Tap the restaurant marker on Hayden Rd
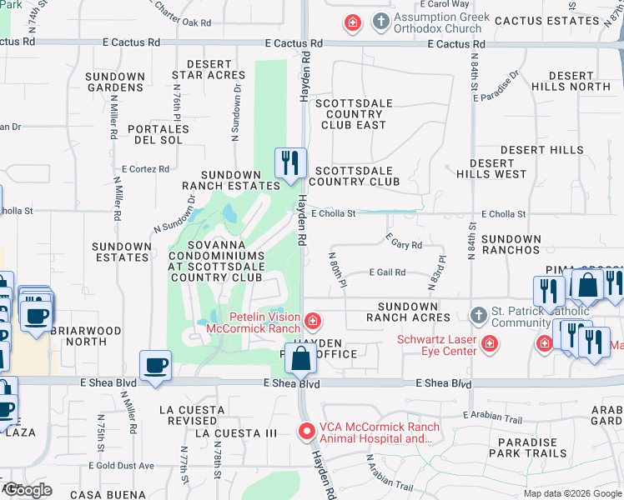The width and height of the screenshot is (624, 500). pyautogui.click(x=290, y=163)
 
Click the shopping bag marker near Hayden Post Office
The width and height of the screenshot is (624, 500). pyautogui.click(x=300, y=358)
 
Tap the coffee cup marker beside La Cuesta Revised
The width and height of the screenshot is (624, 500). pyautogui.click(x=156, y=367)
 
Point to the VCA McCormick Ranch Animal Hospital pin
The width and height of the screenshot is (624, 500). pyautogui.click(x=307, y=432)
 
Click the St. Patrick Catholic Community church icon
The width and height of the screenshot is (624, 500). pyautogui.click(x=478, y=316)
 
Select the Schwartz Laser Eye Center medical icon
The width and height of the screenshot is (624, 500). pyautogui.click(x=490, y=343)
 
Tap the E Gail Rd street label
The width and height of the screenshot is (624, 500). pyautogui.click(x=387, y=272)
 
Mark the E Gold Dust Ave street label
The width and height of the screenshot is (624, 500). pyautogui.click(x=118, y=465)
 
